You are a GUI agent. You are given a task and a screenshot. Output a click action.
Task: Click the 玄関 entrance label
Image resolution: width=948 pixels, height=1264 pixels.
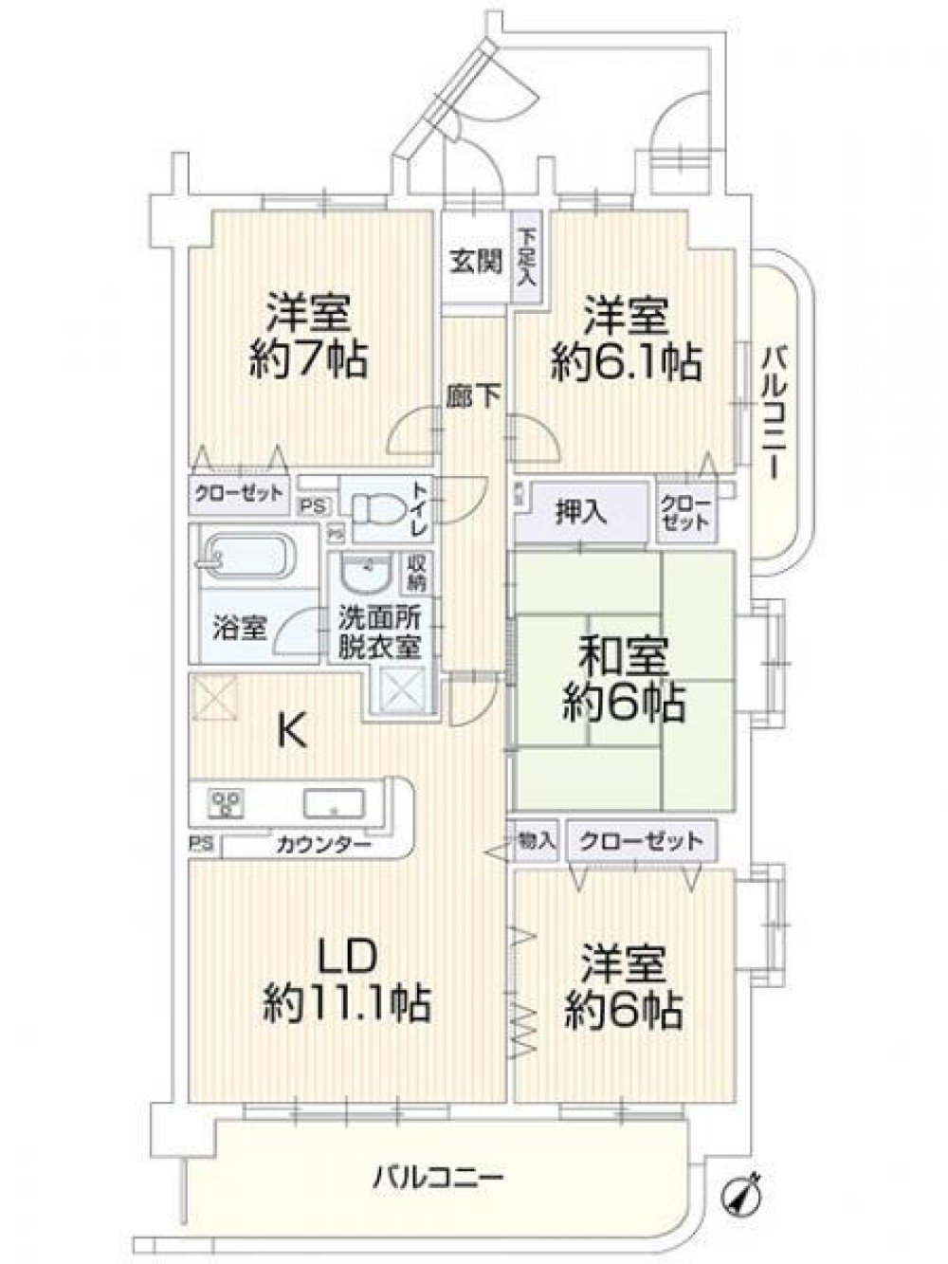point(475,261)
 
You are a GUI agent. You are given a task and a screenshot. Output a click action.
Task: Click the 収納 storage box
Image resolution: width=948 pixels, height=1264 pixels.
point(416,571)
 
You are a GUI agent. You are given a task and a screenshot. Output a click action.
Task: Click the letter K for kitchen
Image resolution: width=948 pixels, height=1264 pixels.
point(291,731)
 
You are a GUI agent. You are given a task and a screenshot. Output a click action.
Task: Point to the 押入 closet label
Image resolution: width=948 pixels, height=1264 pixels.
point(580,513)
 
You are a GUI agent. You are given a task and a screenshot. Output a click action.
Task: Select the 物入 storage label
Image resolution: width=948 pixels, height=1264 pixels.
point(536,840)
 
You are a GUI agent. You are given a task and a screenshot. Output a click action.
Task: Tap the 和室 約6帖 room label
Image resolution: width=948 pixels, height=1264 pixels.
point(623,678)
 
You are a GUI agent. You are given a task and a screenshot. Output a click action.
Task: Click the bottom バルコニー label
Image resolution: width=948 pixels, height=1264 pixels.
point(437,1179)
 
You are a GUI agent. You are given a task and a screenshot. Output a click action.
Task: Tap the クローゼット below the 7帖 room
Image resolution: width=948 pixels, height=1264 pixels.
point(238,493)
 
